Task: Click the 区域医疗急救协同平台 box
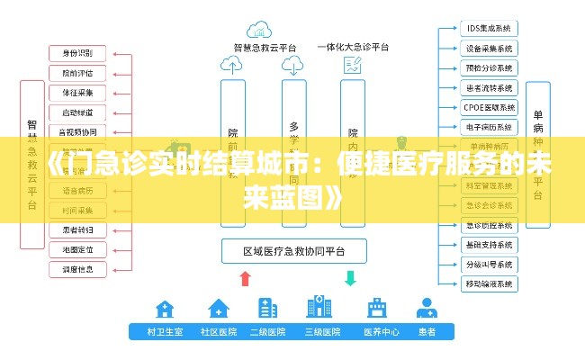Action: [295, 249]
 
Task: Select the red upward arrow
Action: [245, 277]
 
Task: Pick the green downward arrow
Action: [350, 277]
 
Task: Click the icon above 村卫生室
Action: [165, 309]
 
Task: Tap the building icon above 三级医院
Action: [319, 308]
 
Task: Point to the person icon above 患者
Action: [427, 309]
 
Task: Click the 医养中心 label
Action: [381, 332]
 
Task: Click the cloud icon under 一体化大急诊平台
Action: [352, 66]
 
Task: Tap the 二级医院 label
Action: [267, 332]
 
